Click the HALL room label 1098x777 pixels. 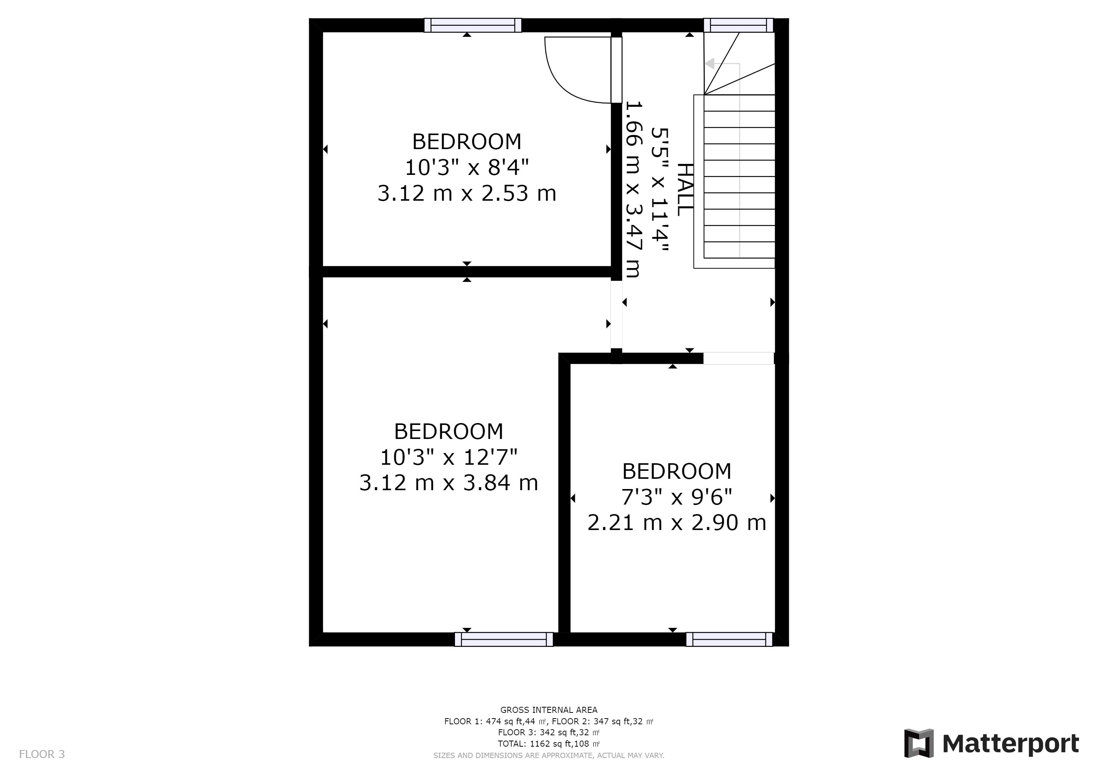coord(685,189)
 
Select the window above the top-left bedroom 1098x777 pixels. coord(472,25)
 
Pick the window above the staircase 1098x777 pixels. coord(738,25)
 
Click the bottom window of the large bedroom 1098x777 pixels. coord(504,639)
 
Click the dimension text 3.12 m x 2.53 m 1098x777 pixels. coord(467,193)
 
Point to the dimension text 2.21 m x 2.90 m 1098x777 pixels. coord(677,522)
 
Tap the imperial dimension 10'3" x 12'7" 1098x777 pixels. coord(449,457)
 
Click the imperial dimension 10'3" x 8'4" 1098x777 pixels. coord(467,167)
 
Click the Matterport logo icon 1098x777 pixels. coord(919,743)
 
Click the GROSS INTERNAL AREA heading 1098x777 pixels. coord(549,710)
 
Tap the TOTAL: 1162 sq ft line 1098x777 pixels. coord(549,744)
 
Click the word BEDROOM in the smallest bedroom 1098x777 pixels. coord(677,471)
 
